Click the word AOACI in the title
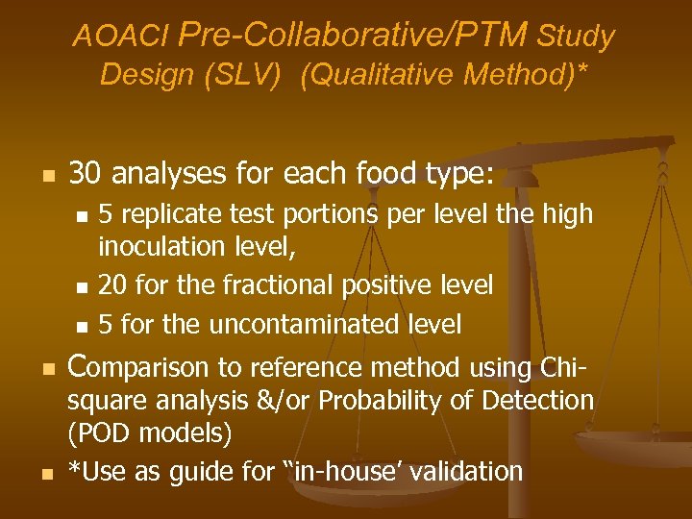pyautogui.click(x=121, y=37)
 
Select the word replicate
pyautogui.click(x=165, y=213)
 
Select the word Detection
pyautogui.click(x=545, y=401)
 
